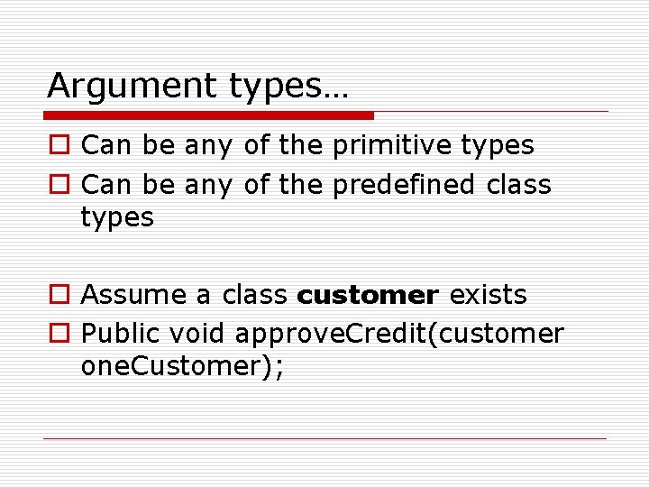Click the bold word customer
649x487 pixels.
click(368, 295)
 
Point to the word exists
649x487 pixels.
click(489, 295)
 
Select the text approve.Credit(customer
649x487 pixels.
click(398, 335)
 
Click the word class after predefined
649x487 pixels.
click(518, 185)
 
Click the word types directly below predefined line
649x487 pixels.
click(117, 218)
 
